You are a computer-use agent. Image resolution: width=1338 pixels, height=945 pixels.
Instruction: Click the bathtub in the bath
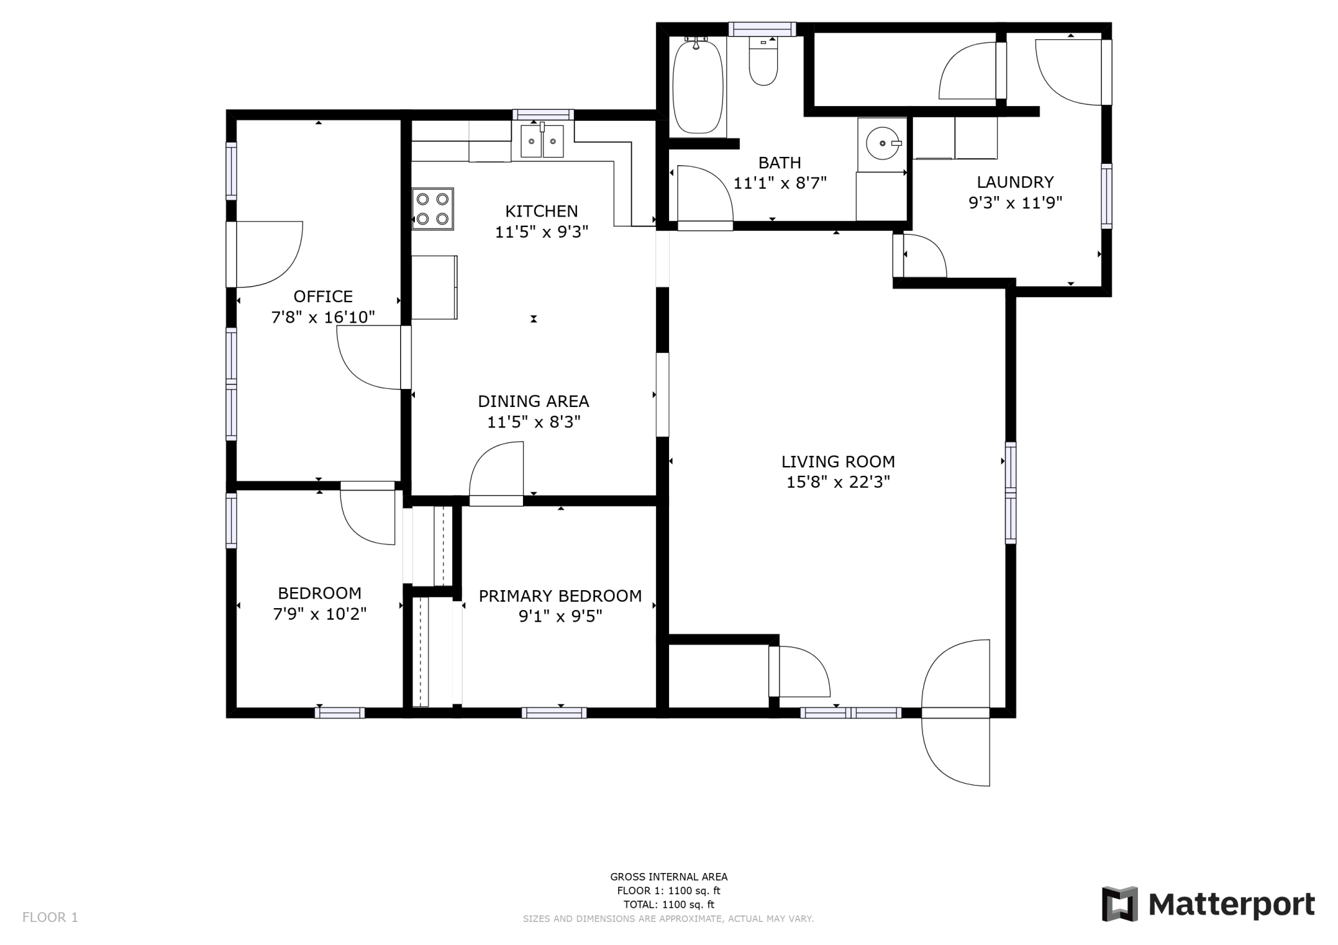coord(698,86)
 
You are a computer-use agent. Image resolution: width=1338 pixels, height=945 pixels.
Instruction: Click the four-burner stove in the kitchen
coord(433,209)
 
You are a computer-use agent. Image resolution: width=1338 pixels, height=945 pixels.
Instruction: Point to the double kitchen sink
coord(542,141)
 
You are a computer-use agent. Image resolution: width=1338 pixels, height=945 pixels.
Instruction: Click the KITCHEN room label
coord(542,211)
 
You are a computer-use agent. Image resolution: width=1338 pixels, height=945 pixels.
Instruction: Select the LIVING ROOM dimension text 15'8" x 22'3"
coord(838,482)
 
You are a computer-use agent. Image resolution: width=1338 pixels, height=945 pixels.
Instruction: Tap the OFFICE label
coord(323,296)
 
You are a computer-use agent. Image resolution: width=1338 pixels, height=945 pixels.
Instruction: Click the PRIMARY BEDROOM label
coord(560,596)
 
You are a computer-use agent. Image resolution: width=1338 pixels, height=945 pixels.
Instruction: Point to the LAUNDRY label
coord(1015,183)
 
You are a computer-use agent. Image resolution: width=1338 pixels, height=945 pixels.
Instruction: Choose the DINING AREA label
coord(533,401)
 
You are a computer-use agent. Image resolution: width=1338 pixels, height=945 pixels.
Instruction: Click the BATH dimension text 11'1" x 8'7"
coord(780,183)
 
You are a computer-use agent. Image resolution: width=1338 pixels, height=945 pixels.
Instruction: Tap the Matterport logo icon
coord(1120,904)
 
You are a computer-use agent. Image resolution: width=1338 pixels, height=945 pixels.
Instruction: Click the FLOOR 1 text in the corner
coord(50,917)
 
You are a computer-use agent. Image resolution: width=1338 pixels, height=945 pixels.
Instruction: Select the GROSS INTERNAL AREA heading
coord(669,877)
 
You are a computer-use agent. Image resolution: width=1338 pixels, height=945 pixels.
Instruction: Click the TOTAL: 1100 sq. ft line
coord(669,905)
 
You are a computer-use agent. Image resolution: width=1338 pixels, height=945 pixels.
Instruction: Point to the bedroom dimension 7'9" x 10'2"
coord(320,614)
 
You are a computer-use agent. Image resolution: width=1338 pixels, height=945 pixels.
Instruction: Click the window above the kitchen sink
coord(543,114)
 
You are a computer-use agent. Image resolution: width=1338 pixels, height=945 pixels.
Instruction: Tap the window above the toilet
coord(762,29)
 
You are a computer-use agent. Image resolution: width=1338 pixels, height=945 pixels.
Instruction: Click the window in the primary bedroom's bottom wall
coord(554,712)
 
